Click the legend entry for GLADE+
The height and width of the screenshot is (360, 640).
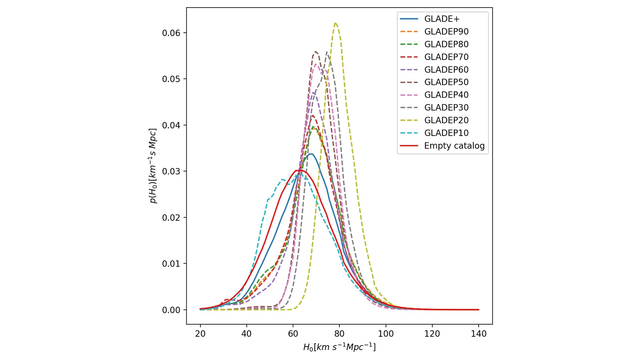(442, 19)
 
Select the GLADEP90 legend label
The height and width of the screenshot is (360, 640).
(446, 32)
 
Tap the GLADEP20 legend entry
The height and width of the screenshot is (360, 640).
(446, 120)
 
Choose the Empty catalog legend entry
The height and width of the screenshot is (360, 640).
(454, 146)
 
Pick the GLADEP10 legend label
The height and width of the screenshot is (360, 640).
(446, 133)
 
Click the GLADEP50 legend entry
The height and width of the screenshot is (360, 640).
(446, 82)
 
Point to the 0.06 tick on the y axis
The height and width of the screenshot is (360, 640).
(171, 33)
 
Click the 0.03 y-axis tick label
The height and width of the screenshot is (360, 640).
(171, 171)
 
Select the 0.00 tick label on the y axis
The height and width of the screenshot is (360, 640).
(171, 310)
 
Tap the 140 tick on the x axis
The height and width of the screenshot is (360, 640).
(479, 334)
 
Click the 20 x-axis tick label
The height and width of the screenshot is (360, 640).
(200, 334)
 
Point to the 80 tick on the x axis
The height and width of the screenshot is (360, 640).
(339, 334)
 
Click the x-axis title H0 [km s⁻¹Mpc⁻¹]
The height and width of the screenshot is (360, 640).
(339, 347)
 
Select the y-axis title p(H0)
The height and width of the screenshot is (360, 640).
(153, 166)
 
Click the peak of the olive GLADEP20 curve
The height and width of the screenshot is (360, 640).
(335, 23)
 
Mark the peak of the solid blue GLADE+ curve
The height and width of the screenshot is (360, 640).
(311, 154)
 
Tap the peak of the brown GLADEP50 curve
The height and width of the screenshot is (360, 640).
(315, 52)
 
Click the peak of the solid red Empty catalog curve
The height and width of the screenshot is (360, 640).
(298, 170)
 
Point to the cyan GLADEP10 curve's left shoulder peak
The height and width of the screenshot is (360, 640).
(283, 179)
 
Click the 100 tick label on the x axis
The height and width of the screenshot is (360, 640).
(386, 334)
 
